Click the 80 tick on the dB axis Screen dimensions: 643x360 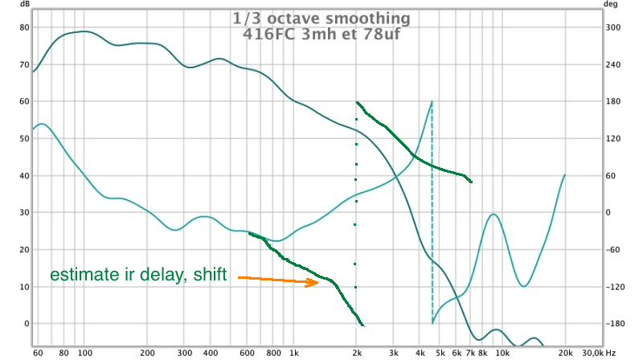[25, 27]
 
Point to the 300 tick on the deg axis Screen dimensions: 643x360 [613, 27]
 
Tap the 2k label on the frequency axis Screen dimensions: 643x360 [357, 353]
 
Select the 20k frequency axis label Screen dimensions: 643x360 [565, 353]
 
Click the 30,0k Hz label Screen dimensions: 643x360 [599, 353]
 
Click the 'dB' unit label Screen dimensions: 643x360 [25, 4]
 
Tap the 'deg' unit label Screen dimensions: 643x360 [610, 4]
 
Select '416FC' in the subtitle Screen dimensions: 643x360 [270, 34]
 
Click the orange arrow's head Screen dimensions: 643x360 [313, 282]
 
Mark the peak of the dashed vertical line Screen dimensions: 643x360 [432, 102]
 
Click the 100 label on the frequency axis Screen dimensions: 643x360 [85, 353]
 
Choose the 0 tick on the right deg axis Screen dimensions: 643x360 [608, 212]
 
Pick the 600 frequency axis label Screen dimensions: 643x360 [247, 353]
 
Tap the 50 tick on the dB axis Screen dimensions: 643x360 [25, 138]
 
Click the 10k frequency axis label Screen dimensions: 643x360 [502, 353]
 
